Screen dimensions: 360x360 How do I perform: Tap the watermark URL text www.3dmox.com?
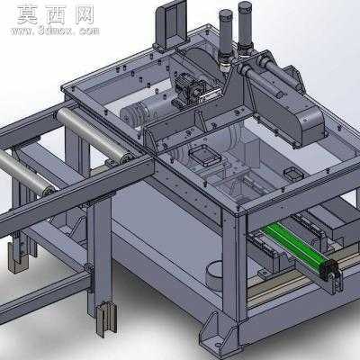(55, 31)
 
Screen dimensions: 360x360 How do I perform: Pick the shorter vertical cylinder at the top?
(226, 33)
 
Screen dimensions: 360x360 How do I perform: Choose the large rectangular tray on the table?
(205, 155)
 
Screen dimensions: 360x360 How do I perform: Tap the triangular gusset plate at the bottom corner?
(212, 331)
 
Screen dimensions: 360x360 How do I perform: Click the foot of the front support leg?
(105, 319)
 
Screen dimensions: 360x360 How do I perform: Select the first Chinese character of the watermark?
(27, 15)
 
